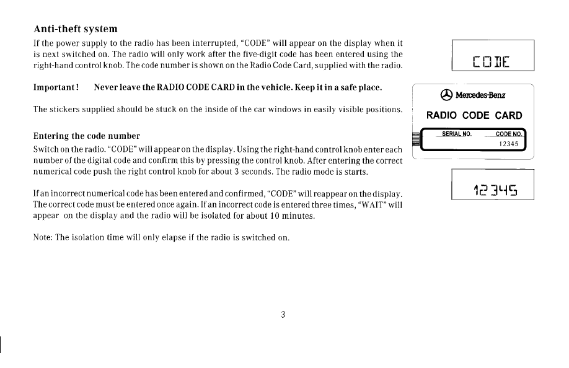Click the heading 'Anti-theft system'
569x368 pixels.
click(x=75, y=29)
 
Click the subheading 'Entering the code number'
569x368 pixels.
click(x=86, y=136)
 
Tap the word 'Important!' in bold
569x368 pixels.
click(x=55, y=87)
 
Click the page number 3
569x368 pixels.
click(x=283, y=315)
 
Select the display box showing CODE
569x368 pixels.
click(x=493, y=56)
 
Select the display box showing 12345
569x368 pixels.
click(x=493, y=183)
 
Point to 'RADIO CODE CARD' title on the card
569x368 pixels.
click(x=474, y=115)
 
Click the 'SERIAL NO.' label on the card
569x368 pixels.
click(x=457, y=133)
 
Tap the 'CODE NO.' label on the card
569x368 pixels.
click(x=509, y=133)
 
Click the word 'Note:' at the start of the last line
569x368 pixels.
click(x=43, y=239)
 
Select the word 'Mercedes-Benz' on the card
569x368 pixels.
click(x=481, y=95)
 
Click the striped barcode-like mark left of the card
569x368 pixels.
click(x=417, y=139)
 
